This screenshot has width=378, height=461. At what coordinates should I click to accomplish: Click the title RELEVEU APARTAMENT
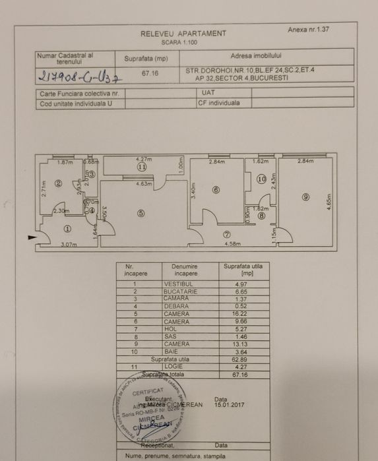click(183, 34)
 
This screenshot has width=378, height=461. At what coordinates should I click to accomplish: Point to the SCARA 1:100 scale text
click(183, 42)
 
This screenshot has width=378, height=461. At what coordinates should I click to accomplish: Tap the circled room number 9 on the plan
click(306, 197)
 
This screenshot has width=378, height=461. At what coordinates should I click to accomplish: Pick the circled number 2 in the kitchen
click(58, 184)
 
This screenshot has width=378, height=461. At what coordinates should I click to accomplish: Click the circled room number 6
click(215, 191)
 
